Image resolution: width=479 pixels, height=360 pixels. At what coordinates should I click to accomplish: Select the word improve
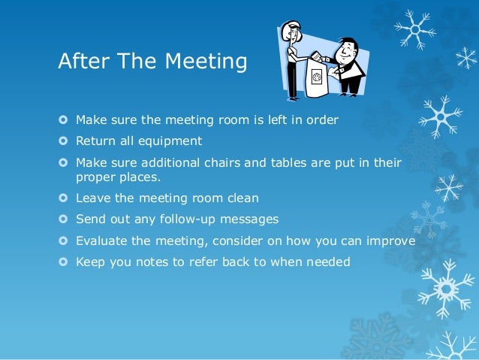(392, 241)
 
